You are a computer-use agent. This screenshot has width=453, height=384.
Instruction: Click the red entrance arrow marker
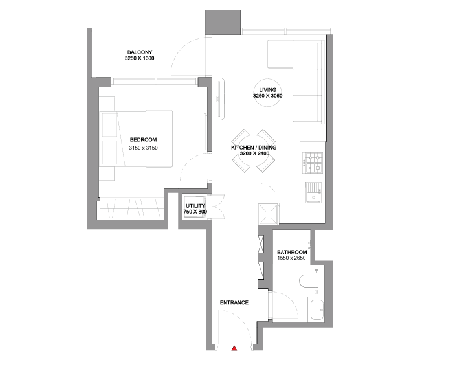pos(234,348)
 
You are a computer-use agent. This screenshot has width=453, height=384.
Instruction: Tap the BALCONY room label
pos(140,52)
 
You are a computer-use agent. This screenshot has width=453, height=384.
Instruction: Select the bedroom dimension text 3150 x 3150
pos(143,148)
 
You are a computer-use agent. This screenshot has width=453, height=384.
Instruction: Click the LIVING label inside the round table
pos(267,90)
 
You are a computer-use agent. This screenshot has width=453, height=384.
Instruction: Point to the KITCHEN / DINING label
pos(254,148)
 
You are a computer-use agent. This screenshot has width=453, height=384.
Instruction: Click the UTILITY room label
pos(195,206)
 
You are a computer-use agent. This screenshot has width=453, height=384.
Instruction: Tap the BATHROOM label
pos(292,252)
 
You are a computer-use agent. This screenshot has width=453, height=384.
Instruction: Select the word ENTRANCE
pos(234,303)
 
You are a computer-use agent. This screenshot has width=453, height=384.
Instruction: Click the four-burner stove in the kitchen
pos(313,163)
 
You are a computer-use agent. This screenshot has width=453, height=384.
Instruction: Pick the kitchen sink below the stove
pos(313,192)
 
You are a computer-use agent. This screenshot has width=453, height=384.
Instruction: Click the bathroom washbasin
pos(316,310)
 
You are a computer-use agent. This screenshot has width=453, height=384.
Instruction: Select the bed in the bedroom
pos(136,139)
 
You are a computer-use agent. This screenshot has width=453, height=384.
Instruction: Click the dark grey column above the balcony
pos(223,22)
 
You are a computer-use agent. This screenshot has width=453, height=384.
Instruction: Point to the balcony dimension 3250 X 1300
pos(140,58)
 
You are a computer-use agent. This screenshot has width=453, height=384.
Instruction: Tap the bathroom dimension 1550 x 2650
pos(291,258)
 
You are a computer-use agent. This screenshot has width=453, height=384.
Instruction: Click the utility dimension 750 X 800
pos(195,212)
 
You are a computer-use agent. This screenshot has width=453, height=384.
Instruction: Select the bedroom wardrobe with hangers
pos(131,209)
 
